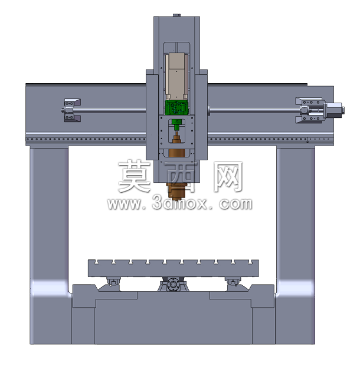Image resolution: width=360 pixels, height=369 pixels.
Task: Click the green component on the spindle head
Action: click(x=176, y=107)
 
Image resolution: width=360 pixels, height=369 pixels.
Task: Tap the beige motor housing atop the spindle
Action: click(x=176, y=76)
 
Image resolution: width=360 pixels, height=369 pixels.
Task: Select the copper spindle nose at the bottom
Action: click(x=176, y=191)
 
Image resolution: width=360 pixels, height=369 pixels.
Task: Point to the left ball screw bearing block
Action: click(x=72, y=110)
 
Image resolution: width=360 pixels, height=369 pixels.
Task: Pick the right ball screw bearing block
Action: click(x=309, y=110)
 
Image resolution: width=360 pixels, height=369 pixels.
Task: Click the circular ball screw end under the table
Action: click(x=173, y=284)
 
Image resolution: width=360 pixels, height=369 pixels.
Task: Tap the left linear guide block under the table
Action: click(x=113, y=281)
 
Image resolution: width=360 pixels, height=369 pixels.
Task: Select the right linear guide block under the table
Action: click(x=233, y=281)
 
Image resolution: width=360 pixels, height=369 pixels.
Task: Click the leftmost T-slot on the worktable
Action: click(x=96, y=262)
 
